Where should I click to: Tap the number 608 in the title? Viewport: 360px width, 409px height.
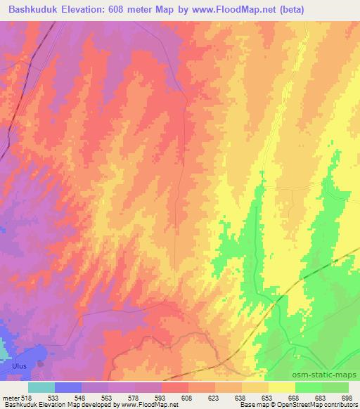click(131, 11)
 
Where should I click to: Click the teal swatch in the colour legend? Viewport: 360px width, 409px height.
click(41, 387)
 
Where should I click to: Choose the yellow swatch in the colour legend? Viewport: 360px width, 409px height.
click(282, 387)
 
